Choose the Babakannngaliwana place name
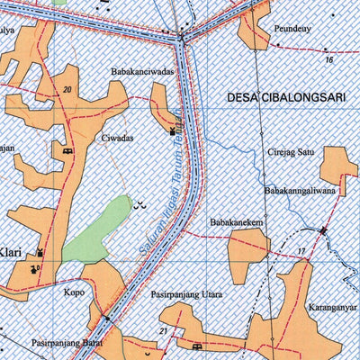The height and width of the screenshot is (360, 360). [x=299, y=191]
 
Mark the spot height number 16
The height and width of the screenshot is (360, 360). [x=329, y=60]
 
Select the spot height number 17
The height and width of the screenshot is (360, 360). [x=301, y=250]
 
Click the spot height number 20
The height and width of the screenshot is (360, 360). [x=67, y=88]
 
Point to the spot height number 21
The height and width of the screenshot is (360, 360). [x=162, y=333]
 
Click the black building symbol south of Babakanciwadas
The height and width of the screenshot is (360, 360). [x=172, y=131]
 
